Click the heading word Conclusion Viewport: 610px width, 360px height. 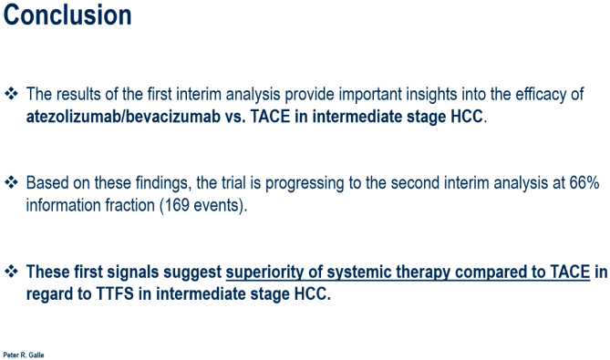coord(67,15)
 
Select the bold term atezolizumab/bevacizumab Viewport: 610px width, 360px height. coord(123,117)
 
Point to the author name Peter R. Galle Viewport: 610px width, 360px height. coord(24,355)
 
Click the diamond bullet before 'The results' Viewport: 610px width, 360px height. coord(11,94)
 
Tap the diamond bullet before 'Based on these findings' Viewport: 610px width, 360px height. coord(11,182)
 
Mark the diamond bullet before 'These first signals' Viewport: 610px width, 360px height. coord(11,271)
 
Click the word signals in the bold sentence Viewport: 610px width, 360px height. coord(133,273)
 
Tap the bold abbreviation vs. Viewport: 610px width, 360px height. coord(235,117)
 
